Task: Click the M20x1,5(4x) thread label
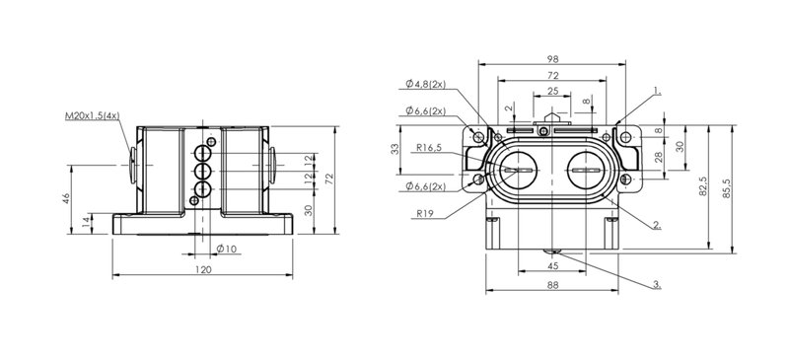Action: click(93, 116)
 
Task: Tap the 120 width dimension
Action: click(203, 269)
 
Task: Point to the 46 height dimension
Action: click(65, 198)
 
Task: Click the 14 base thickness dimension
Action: click(86, 222)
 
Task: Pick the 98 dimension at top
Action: click(552, 59)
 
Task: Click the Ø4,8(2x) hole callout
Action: click(426, 84)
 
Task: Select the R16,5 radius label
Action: click(429, 148)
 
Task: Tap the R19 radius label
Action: click(425, 213)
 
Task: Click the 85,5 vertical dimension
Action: click(727, 188)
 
